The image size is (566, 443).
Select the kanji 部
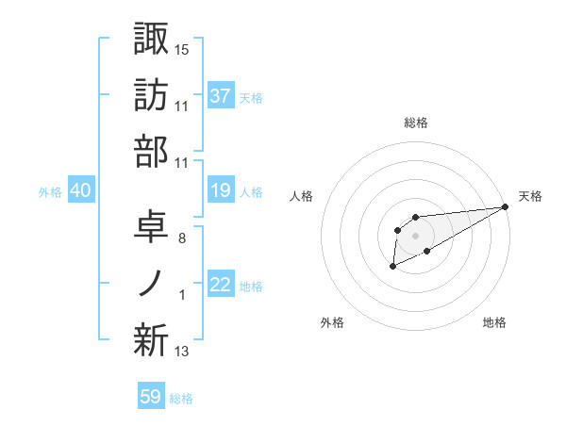[151, 152]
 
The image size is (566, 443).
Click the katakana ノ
[151, 284]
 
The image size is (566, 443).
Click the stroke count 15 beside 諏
[182, 48]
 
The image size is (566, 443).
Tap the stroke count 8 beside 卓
[181, 238]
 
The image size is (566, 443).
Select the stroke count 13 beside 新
[182, 353]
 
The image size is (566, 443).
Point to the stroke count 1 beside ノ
[182, 296]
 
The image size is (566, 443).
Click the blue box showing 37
[221, 95]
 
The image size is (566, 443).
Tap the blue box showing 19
[221, 191]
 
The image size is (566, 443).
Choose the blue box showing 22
[221, 286]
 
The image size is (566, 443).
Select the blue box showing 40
[81, 191]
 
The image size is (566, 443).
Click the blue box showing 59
[150, 397]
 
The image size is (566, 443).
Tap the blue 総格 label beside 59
[181, 399]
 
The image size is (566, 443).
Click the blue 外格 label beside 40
[50, 192]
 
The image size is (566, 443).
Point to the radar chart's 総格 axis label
[415, 123]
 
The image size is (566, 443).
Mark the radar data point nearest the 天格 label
[507, 207]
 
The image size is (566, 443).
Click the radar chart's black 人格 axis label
[302, 196]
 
